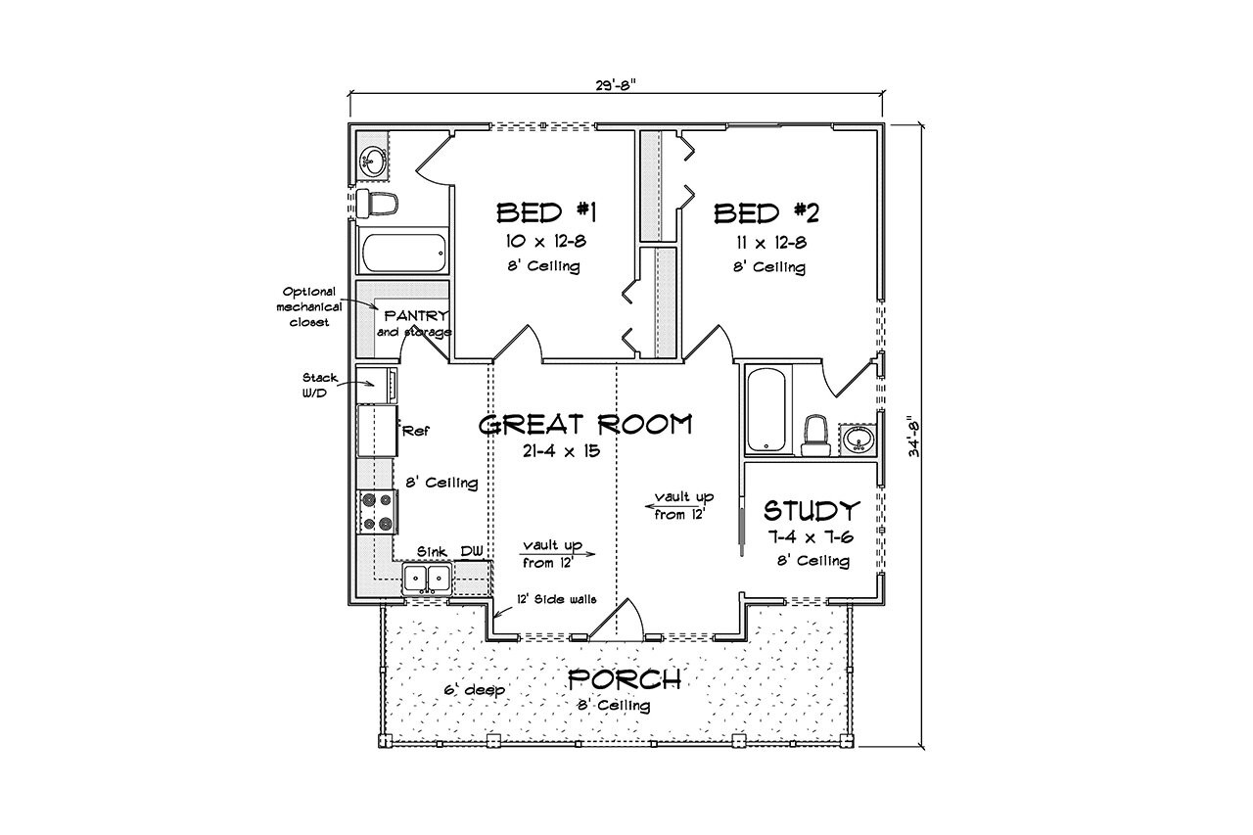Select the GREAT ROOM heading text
[x=585, y=424]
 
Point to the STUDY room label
[x=812, y=510]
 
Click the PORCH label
[x=625, y=678]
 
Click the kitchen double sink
[x=427, y=579]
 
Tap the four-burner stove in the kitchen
[x=377, y=511]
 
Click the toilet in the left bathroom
[x=377, y=204]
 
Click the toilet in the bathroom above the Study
[x=815, y=436]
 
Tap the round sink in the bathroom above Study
[x=859, y=440]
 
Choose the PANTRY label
[x=416, y=316]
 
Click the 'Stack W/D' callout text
[x=319, y=383]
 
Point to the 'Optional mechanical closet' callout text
[x=307, y=306]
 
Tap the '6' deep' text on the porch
[x=474, y=690]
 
